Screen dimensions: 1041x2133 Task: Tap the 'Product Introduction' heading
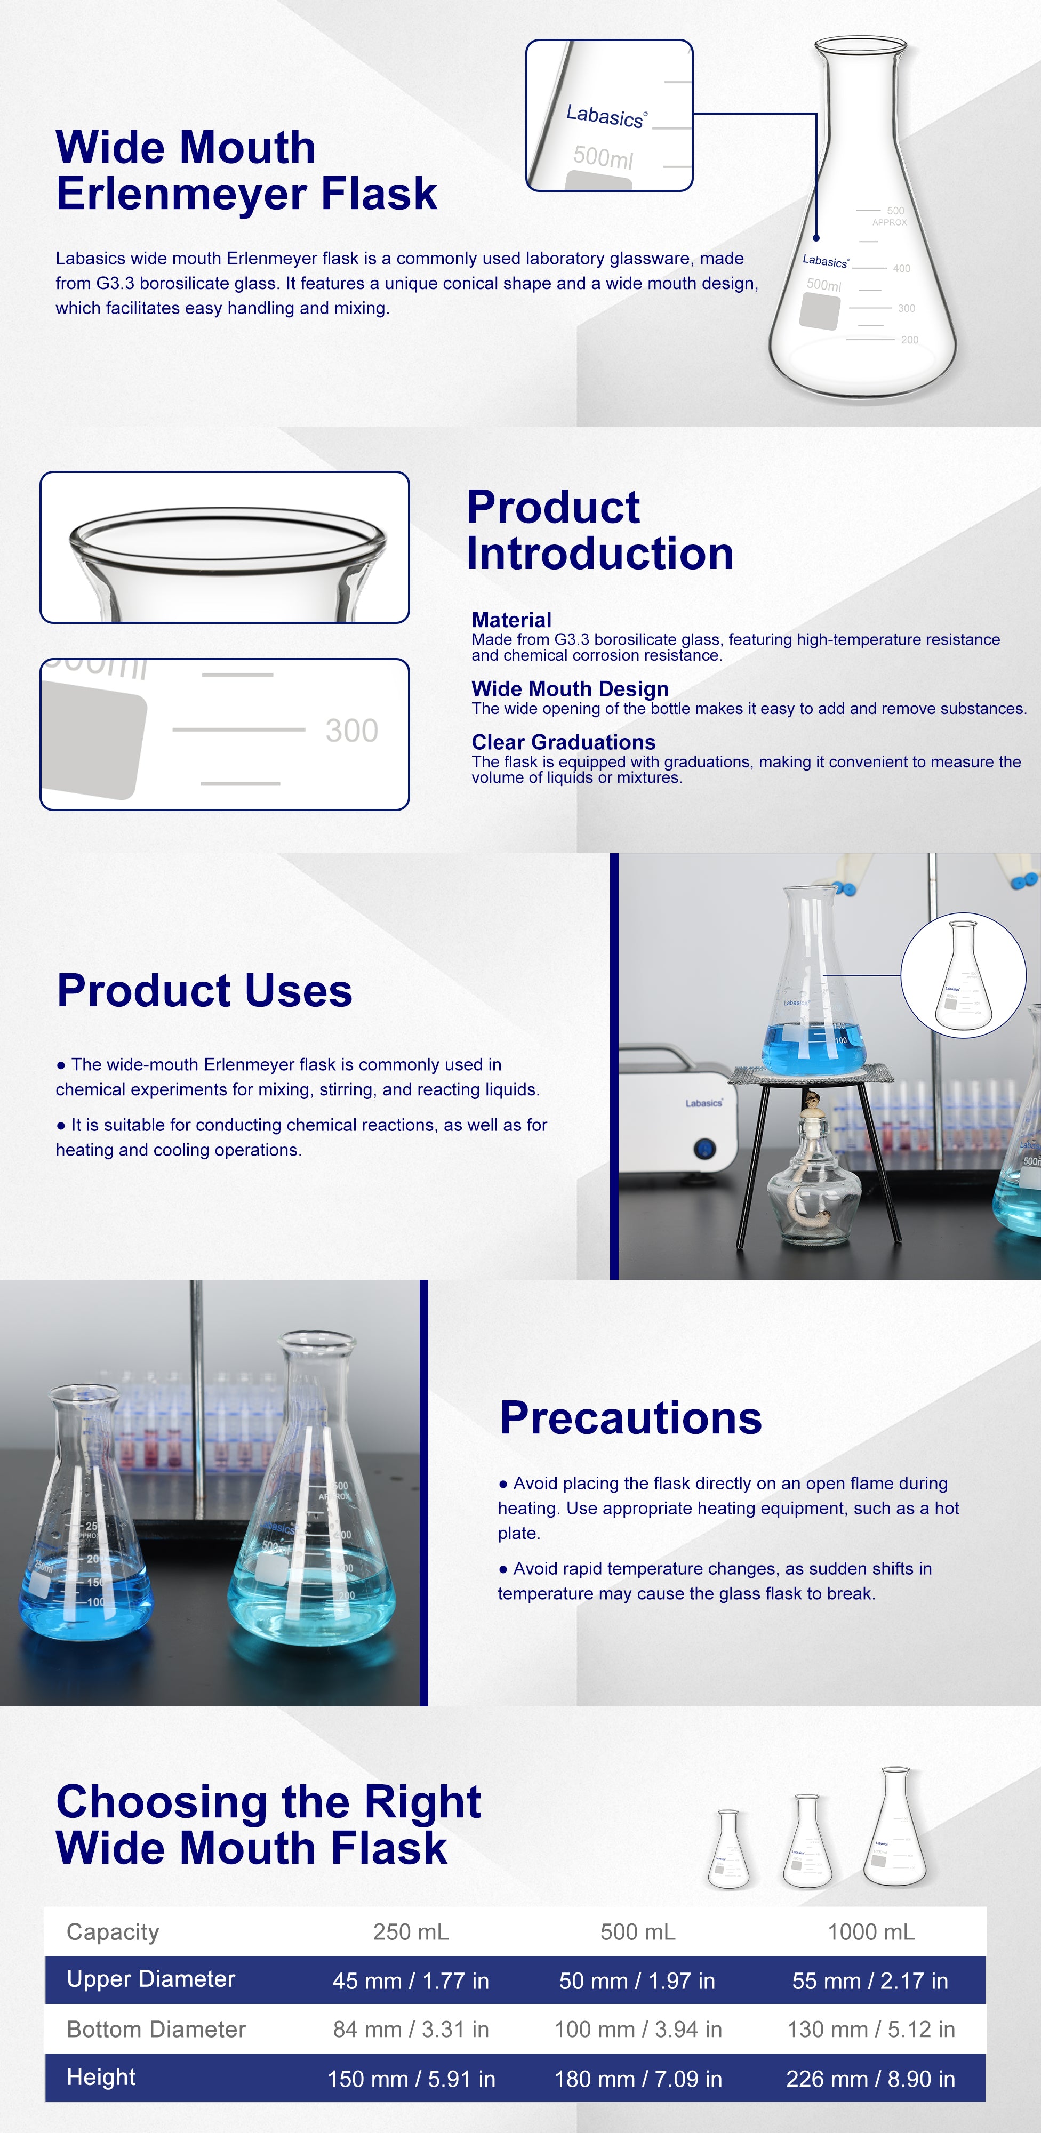point(599,530)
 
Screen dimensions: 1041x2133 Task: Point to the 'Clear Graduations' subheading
point(563,742)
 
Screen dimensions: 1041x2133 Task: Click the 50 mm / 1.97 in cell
point(637,1980)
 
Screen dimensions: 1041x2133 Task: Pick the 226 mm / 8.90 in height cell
point(870,2079)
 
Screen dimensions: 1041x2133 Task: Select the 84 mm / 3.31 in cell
point(411,2030)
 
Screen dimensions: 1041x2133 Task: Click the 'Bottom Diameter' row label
point(156,2030)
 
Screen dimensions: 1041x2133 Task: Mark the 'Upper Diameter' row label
point(151,1980)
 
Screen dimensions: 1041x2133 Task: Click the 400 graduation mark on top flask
point(901,268)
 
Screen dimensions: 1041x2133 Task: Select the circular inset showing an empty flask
point(963,975)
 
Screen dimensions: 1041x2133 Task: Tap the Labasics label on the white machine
point(704,1103)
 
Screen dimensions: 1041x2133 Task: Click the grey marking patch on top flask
point(820,311)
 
